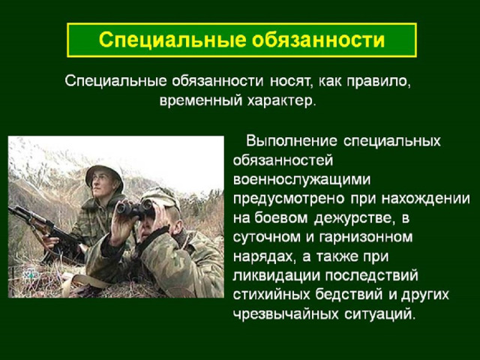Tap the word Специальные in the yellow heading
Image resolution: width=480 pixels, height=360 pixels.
172,40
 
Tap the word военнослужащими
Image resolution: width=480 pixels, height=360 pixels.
301,179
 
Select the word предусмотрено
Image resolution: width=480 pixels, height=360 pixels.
289,199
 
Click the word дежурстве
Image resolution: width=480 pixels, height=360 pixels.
352,218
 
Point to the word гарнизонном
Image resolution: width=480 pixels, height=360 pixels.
365,237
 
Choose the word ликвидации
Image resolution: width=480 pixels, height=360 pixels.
276,275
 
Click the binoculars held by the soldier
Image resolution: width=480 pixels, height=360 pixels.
135,209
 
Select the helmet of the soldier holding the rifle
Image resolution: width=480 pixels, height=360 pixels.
104,175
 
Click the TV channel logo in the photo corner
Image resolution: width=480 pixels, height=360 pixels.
31,274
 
